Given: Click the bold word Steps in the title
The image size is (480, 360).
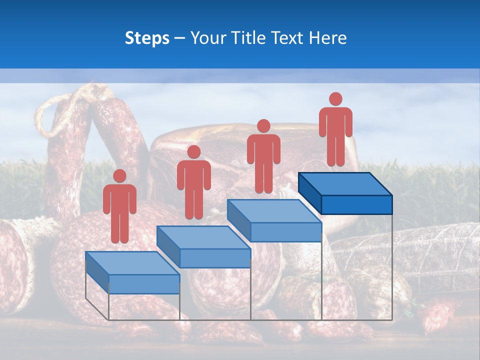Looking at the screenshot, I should tap(147, 38).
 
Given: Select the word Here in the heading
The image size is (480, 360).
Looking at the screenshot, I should tap(328, 38).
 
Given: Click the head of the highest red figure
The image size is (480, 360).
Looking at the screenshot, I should tap(335, 99).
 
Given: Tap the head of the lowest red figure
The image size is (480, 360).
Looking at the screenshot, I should tap(119, 176).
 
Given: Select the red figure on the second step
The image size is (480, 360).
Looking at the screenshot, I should tap(193, 182).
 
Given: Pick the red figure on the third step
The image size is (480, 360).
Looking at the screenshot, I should tap(263, 156).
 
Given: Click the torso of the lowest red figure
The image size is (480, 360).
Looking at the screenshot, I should tap(119, 200).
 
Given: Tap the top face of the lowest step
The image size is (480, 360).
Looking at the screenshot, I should tap(132, 263).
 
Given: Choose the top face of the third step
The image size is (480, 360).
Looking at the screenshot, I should tap(274, 211).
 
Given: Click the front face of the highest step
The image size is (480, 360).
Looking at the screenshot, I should tap(356, 204).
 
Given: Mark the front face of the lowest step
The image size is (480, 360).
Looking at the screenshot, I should tap(144, 284).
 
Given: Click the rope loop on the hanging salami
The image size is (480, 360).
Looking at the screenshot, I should tap(47, 115).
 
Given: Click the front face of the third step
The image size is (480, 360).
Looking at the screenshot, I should tap(285, 232).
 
